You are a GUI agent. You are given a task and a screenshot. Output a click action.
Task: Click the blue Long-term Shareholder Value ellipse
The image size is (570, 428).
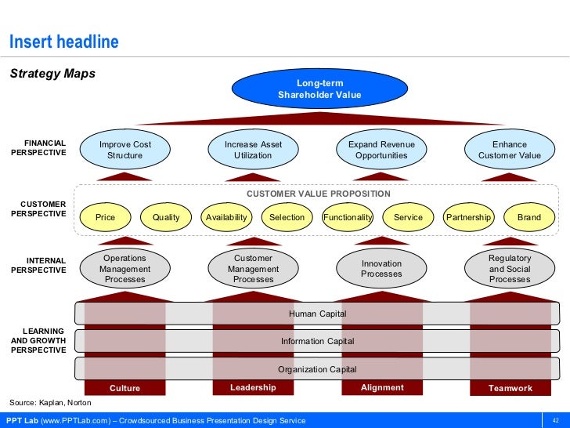(319, 89)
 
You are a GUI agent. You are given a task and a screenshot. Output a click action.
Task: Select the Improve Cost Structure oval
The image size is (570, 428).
(125, 150)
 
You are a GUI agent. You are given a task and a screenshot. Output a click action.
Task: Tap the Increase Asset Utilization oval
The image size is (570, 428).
(253, 150)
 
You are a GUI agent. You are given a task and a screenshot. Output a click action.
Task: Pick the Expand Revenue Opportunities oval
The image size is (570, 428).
(381, 150)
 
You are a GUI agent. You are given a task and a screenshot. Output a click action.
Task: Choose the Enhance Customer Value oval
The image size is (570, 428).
(510, 150)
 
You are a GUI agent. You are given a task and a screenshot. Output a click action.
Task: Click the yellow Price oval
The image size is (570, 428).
(105, 217)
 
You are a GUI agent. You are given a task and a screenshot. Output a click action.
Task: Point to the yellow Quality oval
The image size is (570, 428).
(166, 217)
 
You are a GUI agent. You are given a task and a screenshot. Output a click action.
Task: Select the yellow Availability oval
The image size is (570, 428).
(226, 217)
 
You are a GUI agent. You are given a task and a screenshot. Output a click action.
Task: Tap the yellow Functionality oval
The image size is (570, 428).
(348, 217)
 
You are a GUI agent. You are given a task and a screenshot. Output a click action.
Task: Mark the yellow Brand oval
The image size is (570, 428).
(529, 217)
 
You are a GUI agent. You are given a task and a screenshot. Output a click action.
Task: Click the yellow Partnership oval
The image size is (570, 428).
(468, 217)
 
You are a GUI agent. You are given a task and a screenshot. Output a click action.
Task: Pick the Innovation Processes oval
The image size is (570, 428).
(381, 269)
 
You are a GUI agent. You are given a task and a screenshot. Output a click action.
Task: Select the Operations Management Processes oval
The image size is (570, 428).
(125, 269)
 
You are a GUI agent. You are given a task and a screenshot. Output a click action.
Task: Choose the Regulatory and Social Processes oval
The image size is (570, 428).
(510, 269)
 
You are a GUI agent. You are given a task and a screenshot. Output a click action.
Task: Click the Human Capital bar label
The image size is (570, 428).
(317, 314)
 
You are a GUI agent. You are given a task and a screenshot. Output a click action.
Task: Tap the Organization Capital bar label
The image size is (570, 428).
(317, 369)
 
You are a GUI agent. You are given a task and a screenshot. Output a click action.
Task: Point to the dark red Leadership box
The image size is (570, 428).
(253, 387)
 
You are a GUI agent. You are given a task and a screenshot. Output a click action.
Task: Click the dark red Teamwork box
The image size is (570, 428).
(510, 388)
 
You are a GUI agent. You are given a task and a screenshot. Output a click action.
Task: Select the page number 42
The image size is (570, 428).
(555, 421)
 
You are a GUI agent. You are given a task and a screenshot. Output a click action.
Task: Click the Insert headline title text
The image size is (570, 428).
(63, 42)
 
